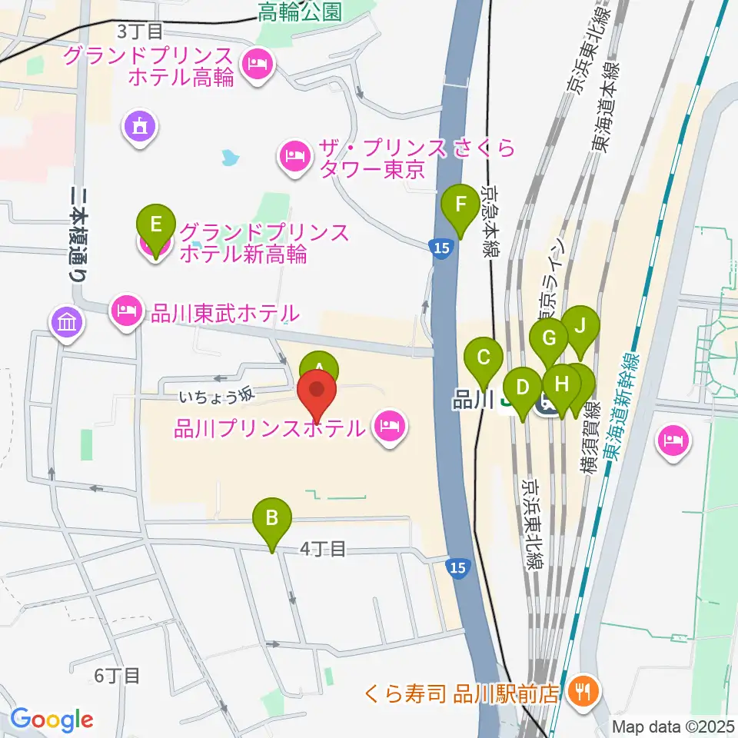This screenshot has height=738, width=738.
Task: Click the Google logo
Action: tap(52, 719)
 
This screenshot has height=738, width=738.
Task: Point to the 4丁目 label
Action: tap(322, 549)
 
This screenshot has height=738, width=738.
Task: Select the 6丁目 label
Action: tap(117, 676)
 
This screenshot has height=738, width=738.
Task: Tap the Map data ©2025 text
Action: tap(673, 726)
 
